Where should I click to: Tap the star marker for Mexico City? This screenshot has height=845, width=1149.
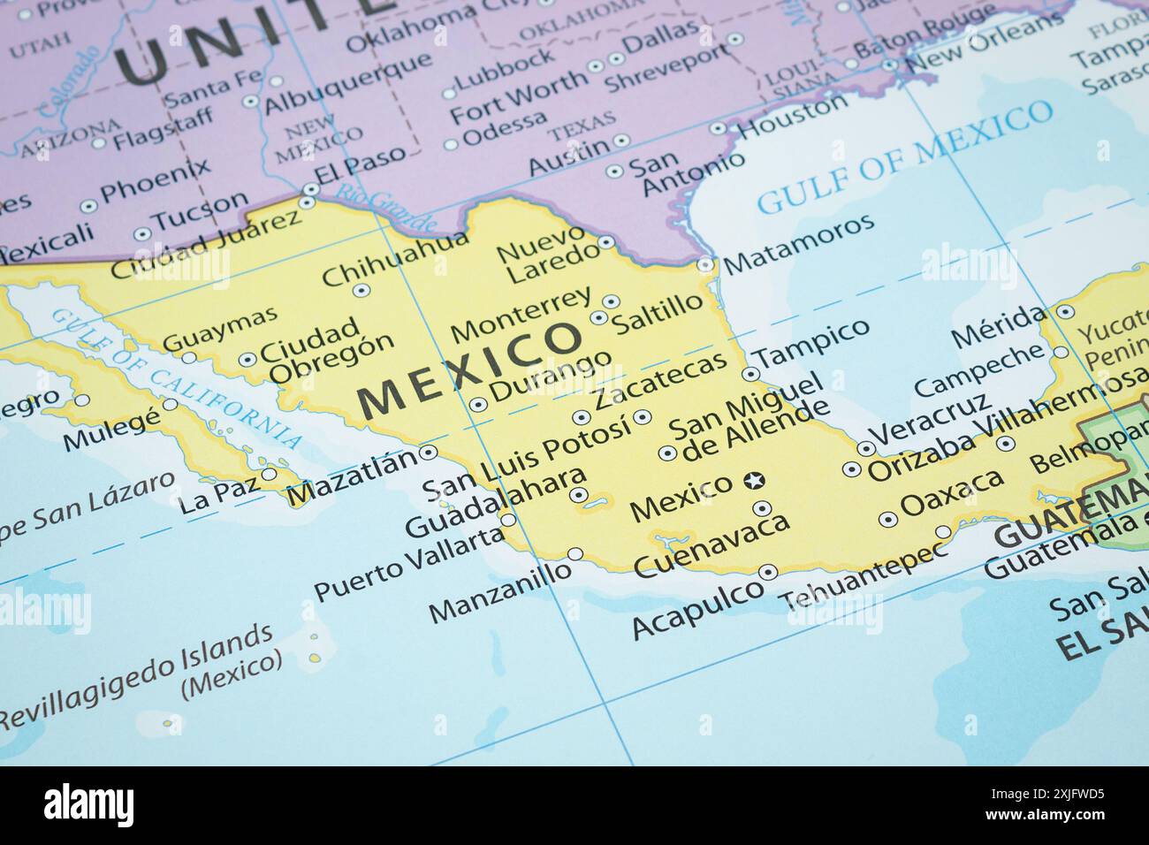point(754,481)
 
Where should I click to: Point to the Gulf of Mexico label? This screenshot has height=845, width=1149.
point(905,158)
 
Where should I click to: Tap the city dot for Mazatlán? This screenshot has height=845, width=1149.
point(428,452)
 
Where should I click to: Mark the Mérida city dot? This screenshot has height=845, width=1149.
point(1065,311)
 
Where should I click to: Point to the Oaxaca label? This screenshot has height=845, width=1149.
point(952,494)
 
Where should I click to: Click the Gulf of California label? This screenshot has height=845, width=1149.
point(177,378)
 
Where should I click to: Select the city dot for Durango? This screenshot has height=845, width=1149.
point(478,404)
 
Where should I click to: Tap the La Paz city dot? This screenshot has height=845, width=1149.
point(269,474)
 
